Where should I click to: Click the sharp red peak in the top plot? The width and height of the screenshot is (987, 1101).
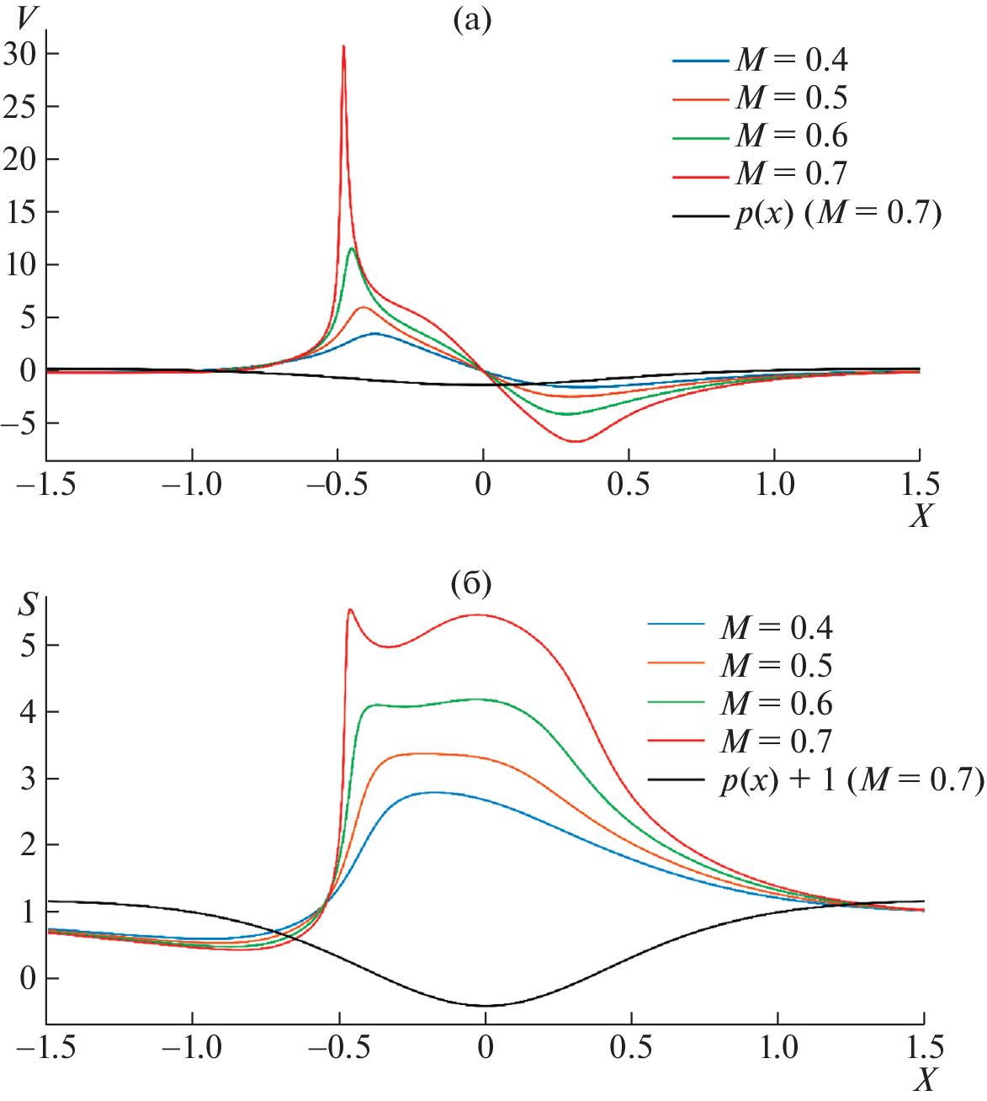(343, 47)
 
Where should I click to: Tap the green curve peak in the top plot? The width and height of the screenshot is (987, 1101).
(351, 248)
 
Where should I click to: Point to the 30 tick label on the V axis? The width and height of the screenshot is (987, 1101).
(19, 54)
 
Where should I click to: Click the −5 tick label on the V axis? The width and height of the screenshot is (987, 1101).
(19, 423)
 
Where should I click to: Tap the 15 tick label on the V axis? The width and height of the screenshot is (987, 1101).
(19, 211)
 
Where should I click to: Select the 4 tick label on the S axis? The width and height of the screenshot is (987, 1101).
(28, 711)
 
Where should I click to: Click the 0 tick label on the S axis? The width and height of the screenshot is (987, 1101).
(28, 978)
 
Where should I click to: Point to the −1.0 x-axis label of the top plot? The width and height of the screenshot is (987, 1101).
(192, 485)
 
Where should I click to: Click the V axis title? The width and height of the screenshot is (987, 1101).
(28, 19)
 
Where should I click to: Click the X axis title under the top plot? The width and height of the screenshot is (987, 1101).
(921, 515)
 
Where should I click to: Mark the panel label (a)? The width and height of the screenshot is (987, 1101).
(471, 19)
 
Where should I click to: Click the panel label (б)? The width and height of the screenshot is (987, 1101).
(471, 582)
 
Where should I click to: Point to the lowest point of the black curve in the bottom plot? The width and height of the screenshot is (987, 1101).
(486, 1005)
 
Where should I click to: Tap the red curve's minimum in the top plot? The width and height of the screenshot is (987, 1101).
(576, 441)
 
